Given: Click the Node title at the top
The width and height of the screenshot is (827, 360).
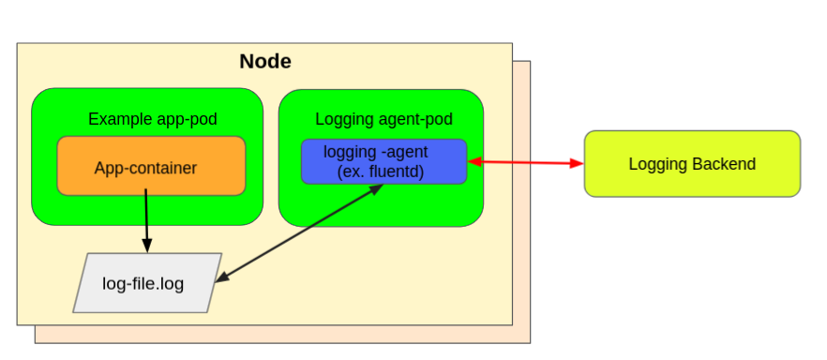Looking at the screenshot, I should pyautogui.click(x=264, y=62).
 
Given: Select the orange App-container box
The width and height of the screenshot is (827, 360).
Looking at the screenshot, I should pyautogui.click(x=151, y=166).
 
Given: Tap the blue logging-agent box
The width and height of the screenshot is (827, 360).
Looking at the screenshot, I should pyautogui.click(x=383, y=161).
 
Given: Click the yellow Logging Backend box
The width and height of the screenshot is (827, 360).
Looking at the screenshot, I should pyautogui.click(x=692, y=164).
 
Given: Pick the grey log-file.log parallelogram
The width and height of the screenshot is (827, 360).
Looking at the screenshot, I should pyautogui.click(x=147, y=282).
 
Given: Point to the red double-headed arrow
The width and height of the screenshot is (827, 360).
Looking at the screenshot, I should pyautogui.click(x=525, y=163).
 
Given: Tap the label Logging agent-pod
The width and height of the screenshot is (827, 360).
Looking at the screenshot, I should pyautogui.click(x=383, y=119).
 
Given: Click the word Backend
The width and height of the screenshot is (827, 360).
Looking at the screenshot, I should pyautogui.click(x=724, y=164).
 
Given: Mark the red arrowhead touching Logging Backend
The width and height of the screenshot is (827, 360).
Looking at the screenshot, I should pyautogui.click(x=577, y=164).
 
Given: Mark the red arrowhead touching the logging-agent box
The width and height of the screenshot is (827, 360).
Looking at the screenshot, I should pyautogui.click(x=474, y=162).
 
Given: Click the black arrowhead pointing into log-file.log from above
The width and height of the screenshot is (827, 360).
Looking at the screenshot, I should pyautogui.click(x=147, y=247).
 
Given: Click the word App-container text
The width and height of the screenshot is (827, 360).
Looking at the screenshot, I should pyautogui.click(x=145, y=169).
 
